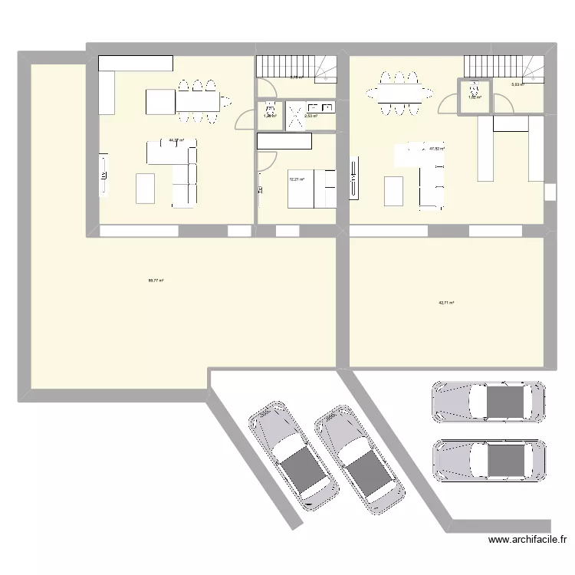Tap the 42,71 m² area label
click(446, 303)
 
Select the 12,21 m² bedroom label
click(296, 179)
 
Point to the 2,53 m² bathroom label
click(310, 117)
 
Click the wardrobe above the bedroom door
click(284, 142)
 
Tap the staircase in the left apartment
click(296, 67)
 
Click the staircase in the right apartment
click(503, 67)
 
